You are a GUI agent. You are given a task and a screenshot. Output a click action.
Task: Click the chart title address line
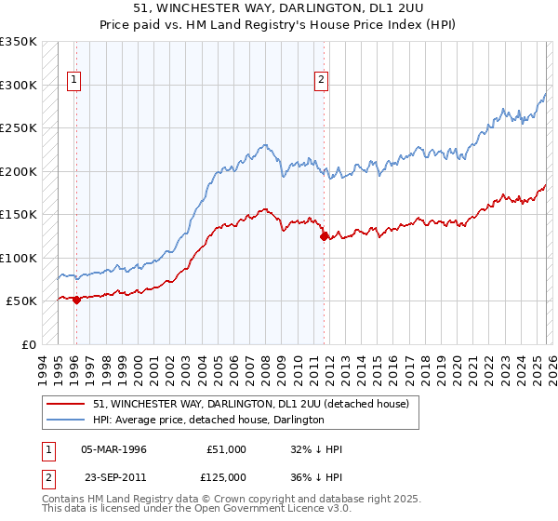(x=279, y=8)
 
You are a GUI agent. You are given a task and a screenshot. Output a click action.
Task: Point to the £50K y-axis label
(x=21, y=301)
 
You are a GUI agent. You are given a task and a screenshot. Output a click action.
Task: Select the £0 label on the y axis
(x=28, y=344)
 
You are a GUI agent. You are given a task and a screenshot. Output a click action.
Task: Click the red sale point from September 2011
(x=325, y=236)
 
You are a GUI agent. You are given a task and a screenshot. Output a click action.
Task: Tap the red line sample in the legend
(x=65, y=404)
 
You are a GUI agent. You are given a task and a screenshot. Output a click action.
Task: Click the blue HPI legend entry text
(x=208, y=420)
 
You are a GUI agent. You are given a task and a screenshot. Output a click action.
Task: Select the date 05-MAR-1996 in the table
(x=114, y=449)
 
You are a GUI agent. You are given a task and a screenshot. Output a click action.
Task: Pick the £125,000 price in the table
(x=226, y=475)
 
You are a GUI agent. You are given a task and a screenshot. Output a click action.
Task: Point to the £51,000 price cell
(x=226, y=449)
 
